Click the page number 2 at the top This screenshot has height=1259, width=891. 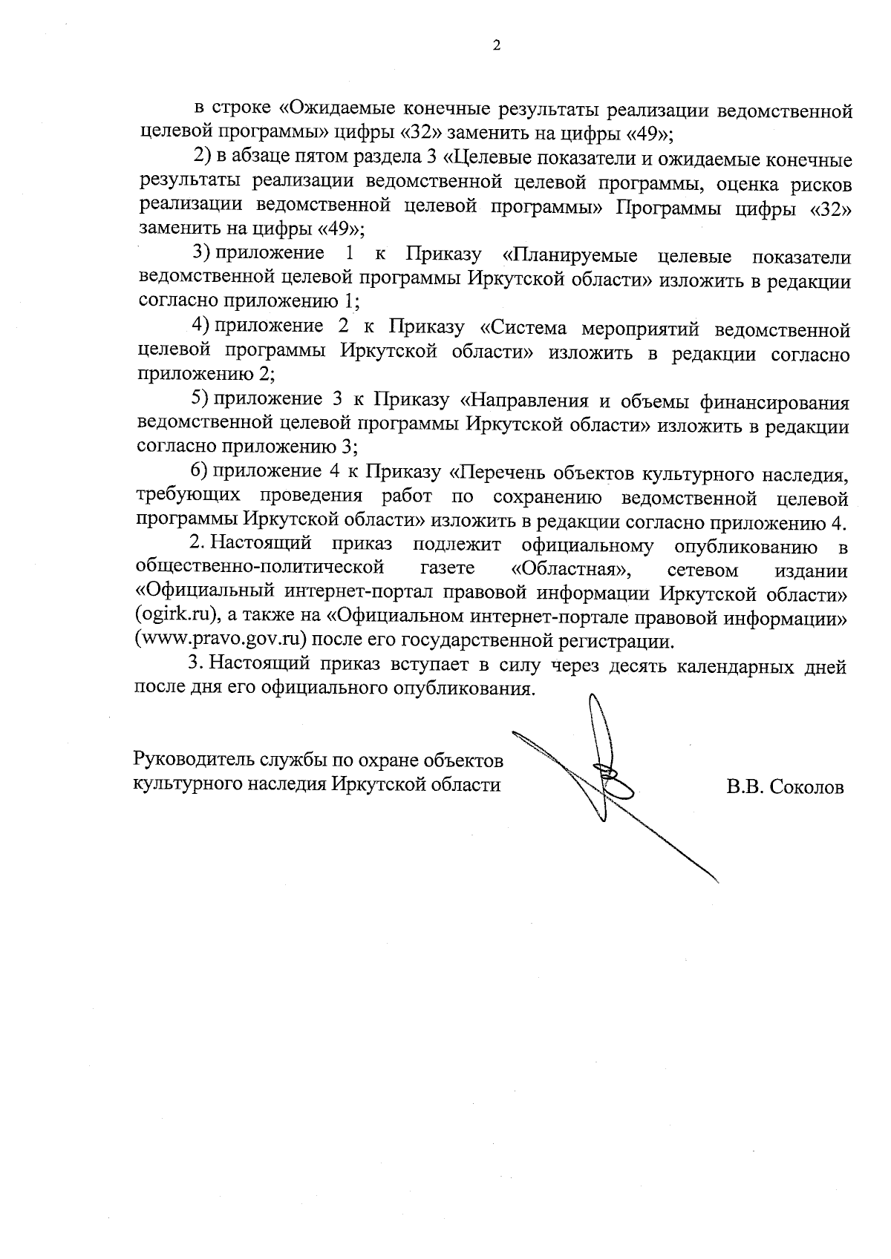497,45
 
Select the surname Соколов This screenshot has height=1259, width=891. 806,787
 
